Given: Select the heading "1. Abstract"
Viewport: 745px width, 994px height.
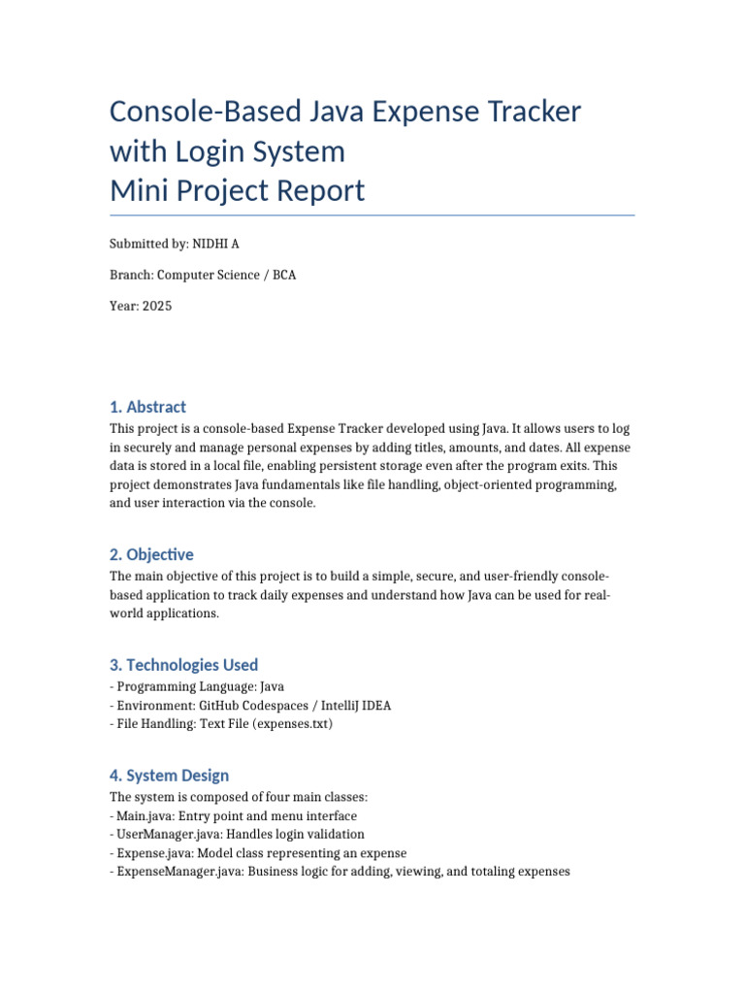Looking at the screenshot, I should (147, 407).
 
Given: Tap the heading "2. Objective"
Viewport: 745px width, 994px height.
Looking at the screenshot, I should (151, 554).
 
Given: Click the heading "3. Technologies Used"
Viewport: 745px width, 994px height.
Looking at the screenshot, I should (183, 665).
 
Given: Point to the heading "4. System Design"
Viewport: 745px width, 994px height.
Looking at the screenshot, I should (169, 776).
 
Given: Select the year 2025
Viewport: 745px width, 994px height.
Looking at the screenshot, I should (156, 306).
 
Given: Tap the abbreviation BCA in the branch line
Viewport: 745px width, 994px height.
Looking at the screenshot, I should (284, 275).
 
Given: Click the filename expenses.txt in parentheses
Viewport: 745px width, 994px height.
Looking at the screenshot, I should (291, 724).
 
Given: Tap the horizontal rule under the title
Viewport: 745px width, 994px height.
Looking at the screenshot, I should (372, 215).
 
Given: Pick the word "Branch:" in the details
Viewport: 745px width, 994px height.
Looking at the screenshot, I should (132, 275).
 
